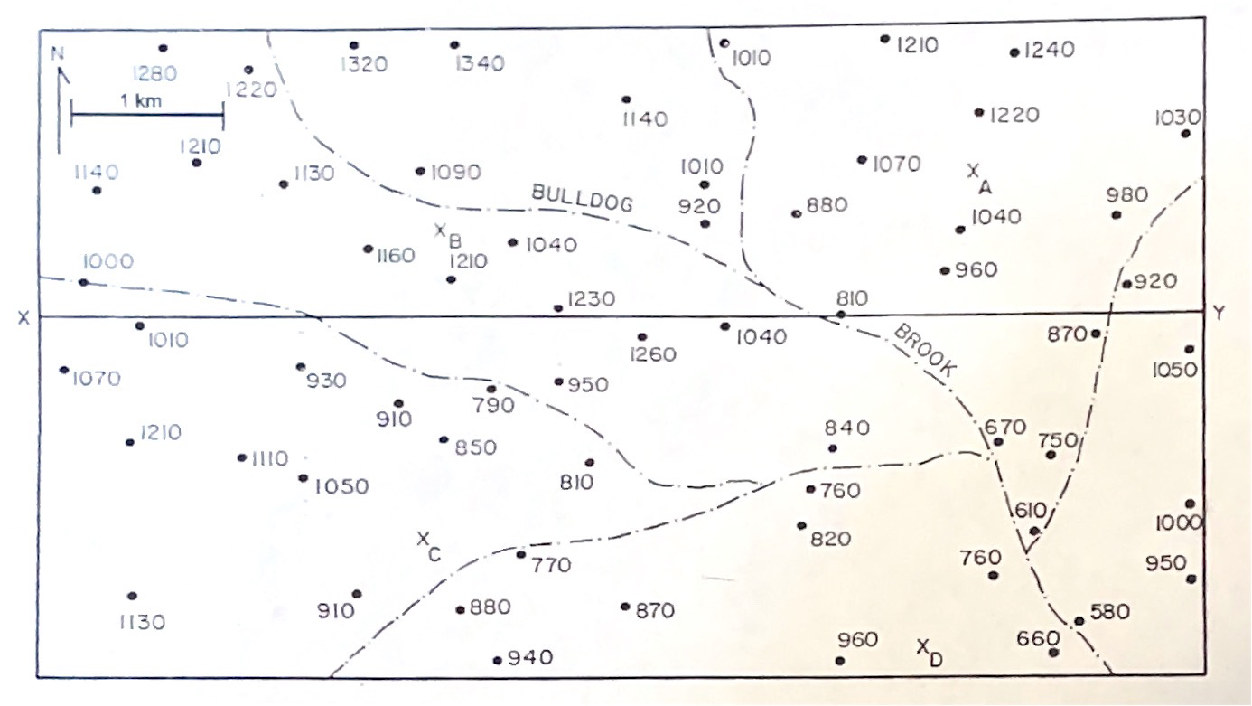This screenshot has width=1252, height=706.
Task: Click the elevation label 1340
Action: [481, 63]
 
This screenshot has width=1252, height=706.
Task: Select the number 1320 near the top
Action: [364, 64]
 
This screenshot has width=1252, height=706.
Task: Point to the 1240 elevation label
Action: [1049, 51]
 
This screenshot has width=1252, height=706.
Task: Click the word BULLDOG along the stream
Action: [581, 198]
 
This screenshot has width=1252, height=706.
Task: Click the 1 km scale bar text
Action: [141, 100]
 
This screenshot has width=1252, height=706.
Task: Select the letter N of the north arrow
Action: [59, 54]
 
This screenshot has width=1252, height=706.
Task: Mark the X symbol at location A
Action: [973, 169]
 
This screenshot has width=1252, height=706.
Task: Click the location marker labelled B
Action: [441, 231]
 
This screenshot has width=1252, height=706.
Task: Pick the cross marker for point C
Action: [423, 539]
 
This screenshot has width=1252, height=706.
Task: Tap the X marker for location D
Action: [922, 645]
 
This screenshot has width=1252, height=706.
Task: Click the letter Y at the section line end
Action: [1219, 314]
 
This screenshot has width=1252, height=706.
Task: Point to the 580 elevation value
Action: [1110, 612]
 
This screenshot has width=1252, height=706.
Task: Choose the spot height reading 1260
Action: [653, 354]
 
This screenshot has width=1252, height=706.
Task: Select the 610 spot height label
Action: [1027, 510]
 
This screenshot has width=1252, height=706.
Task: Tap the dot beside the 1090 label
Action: [420, 171]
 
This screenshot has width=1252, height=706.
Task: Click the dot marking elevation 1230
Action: [558, 308]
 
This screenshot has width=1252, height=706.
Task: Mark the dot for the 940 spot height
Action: [497, 660]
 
